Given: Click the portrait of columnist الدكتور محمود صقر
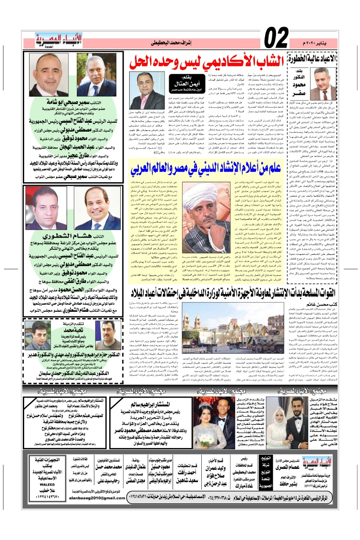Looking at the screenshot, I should coord(325,84).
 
